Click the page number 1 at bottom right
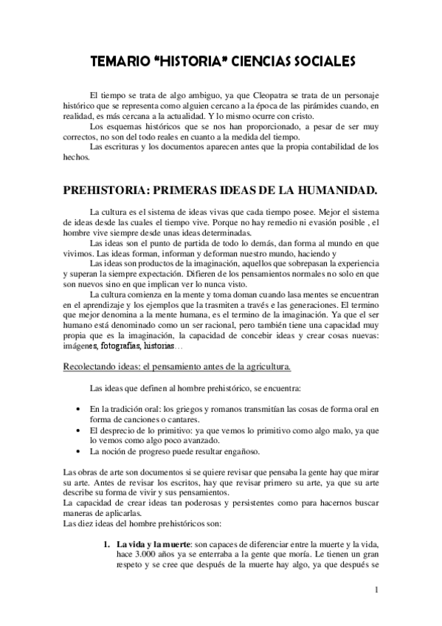tap(376, 590)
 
